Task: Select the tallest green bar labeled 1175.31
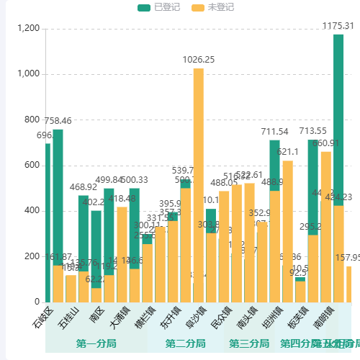[338, 166]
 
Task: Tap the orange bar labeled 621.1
[287, 230]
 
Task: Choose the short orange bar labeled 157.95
[348, 284]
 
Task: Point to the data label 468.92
[84, 187]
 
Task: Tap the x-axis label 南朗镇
[323, 316]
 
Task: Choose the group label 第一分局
[96, 343]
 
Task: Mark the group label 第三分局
[249, 343]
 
